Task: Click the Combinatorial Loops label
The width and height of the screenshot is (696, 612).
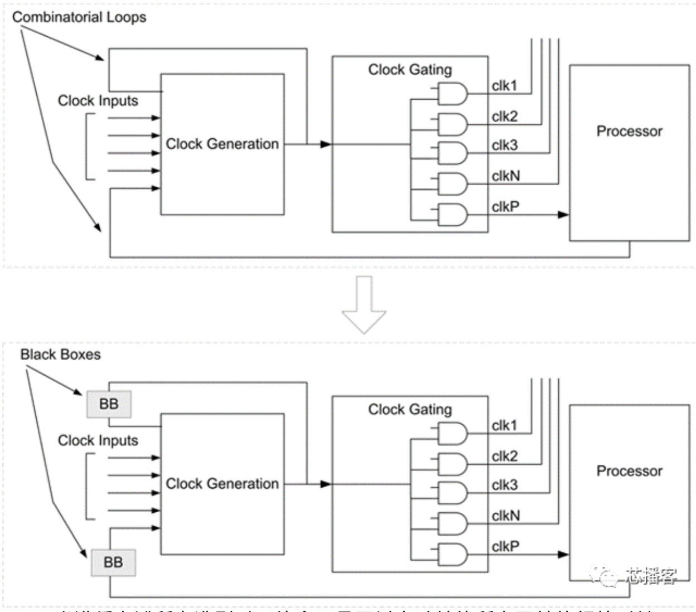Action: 79,17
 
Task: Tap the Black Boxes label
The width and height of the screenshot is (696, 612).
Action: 60,354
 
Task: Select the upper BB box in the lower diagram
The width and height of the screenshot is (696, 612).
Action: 109,404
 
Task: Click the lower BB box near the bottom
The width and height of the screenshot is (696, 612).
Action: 113,562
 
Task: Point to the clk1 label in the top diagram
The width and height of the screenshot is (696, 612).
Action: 504,86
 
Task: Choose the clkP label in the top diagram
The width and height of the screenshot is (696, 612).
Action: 505,207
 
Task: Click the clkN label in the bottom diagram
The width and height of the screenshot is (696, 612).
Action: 505,516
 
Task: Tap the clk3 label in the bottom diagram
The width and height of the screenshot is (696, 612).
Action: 504,485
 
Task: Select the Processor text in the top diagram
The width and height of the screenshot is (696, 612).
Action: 629,132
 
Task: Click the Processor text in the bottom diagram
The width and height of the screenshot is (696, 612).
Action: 629,472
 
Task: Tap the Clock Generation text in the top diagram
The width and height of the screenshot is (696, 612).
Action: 222,144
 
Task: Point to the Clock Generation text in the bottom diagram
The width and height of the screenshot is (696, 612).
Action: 222,484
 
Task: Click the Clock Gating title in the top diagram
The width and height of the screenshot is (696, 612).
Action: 410,70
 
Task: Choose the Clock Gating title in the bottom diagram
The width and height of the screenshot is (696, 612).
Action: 410,410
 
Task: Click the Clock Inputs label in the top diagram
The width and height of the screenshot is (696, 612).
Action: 98,101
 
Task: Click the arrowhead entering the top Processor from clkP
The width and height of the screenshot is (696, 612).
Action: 563,215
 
